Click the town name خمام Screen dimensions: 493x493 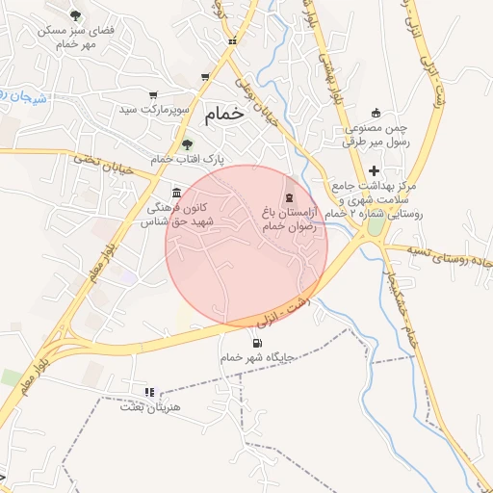coord(224,114)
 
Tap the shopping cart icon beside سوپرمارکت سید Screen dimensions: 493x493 coord(153,94)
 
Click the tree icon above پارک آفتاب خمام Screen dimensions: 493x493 coord(187,143)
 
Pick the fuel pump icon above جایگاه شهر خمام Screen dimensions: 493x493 coord(256,343)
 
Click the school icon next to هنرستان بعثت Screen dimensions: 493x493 coord(148,392)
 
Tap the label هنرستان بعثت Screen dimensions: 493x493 coord(144,406)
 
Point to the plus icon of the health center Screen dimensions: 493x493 coord(374,169)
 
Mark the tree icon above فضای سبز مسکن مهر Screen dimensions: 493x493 coord(76,15)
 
